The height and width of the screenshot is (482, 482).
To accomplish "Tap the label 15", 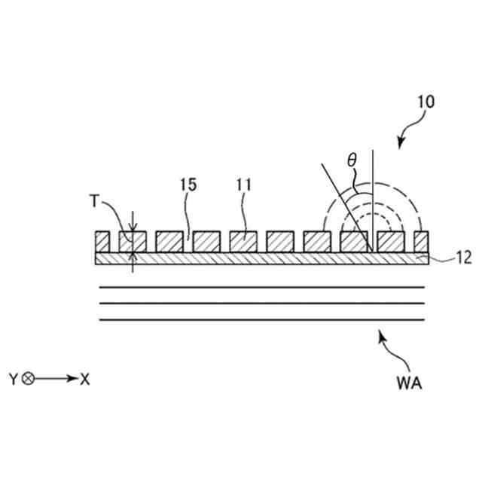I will tap(188, 184).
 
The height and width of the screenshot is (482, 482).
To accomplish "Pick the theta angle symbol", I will tap(351, 160).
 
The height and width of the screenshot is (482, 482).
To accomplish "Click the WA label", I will tap(408, 383).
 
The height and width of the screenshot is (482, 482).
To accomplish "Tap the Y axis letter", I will tap(14, 379).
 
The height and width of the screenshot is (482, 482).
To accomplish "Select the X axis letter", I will tap(84, 379).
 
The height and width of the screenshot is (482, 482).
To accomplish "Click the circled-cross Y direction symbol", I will tap(29, 379).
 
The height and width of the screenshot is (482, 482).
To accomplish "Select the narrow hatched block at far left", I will tap(101, 242).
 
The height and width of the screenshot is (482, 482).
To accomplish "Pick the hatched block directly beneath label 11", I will tap(243, 242).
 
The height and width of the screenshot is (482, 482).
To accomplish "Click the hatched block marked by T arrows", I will tap(132, 242).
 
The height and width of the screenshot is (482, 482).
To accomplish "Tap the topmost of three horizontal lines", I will tap(264, 287).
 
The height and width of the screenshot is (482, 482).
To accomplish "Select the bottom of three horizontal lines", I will tap(264, 320).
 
